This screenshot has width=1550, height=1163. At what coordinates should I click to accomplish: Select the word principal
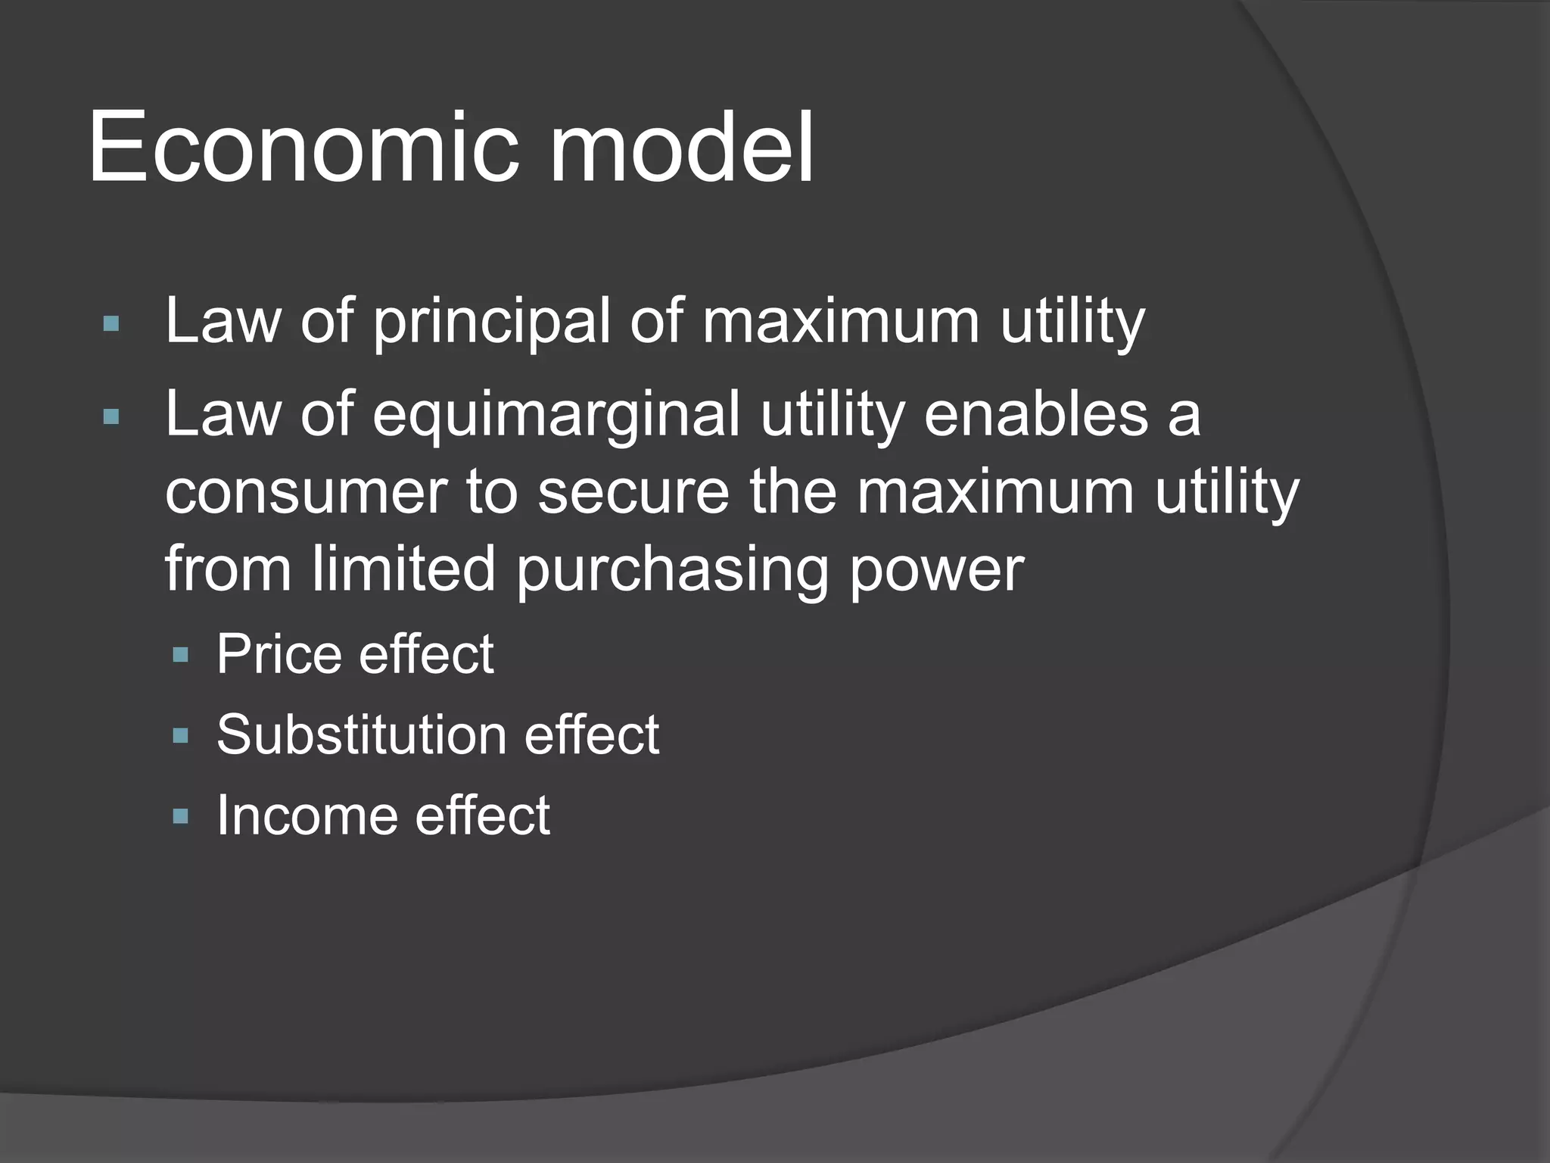point(491,322)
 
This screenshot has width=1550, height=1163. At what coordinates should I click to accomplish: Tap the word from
point(228,569)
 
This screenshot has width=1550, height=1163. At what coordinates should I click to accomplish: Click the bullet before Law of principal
point(110,324)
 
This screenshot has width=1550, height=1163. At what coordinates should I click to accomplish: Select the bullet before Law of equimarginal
point(110,416)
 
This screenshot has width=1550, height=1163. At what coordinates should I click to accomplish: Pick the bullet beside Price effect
point(180,655)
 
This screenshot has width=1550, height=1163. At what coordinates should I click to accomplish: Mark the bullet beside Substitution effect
point(180,735)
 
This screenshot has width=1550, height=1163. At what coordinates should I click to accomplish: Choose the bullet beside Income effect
point(180,816)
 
